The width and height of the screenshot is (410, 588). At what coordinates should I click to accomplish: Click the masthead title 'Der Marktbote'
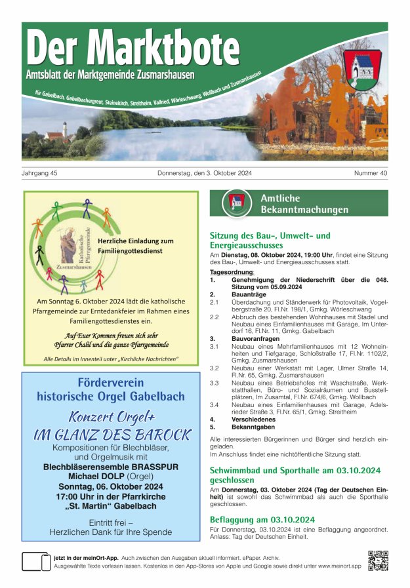pos(133,48)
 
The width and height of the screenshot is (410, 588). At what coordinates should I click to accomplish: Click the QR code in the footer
pos(379,560)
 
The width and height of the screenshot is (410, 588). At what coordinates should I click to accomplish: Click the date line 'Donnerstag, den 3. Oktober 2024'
pos(205,174)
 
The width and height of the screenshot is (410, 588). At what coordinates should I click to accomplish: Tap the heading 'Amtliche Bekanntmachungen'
pos(304,204)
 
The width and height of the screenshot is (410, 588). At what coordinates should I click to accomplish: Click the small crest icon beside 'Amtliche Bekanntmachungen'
pos(236,203)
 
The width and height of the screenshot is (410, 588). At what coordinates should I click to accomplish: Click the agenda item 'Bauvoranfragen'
pos(258,339)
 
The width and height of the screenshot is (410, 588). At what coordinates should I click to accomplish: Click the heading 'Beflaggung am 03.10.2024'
pos(262,520)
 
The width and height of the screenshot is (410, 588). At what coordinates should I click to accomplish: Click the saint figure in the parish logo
pos(68,245)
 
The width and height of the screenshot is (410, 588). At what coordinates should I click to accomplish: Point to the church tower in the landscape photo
pos(65,128)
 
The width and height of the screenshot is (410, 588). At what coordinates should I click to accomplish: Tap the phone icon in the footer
pos(36,562)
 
